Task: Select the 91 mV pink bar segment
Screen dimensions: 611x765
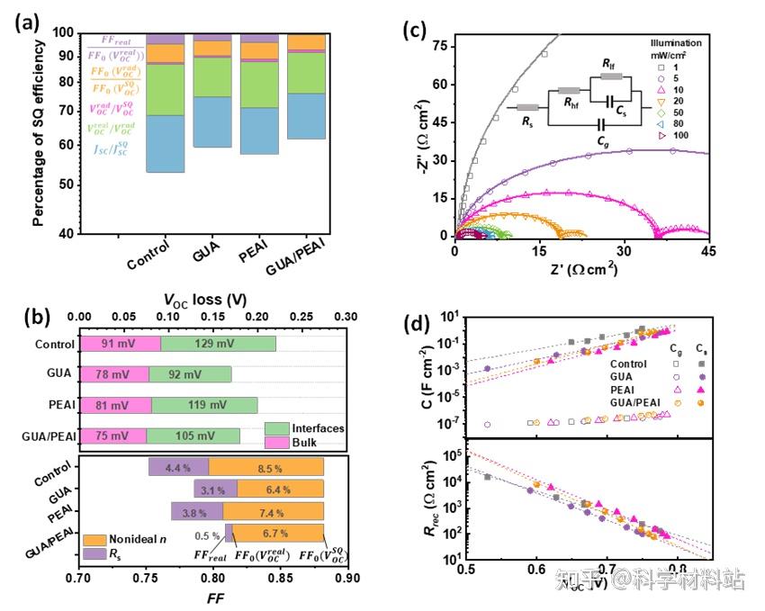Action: (120, 343)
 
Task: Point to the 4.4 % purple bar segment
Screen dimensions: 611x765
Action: (178, 467)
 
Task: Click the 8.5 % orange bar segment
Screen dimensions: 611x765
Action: (266, 467)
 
